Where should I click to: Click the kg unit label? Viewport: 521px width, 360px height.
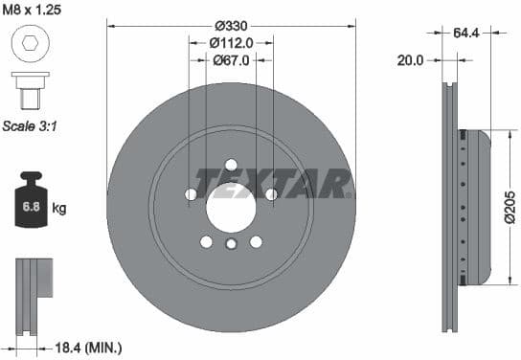click(59, 208)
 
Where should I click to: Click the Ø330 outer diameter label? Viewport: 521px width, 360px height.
click(231, 24)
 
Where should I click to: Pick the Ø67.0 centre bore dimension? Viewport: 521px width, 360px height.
click(231, 59)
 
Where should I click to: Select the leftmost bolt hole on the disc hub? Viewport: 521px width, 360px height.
click(190, 194)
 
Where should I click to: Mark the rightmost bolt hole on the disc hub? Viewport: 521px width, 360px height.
click(271, 194)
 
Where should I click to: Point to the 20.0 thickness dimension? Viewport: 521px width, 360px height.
click(410, 59)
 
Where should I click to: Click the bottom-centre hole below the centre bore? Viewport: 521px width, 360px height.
click(231, 246)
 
